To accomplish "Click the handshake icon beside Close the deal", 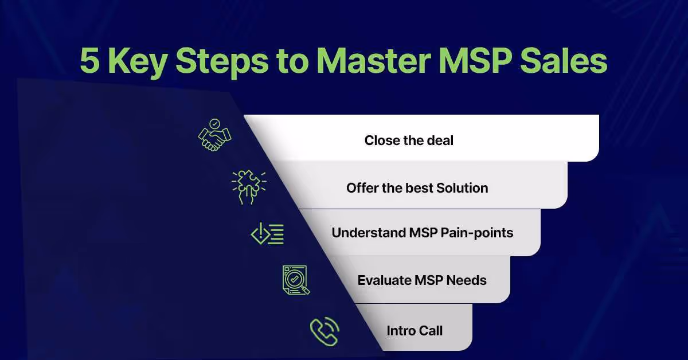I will (x=214, y=135).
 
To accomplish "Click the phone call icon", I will (x=325, y=331).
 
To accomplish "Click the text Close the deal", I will (x=409, y=140).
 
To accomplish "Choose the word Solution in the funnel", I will (x=462, y=188).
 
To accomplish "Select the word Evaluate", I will (x=385, y=280).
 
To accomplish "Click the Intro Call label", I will (x=415, y=331).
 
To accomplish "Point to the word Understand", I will (x=369, y=233).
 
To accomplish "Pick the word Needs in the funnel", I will (x=467, y=280).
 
